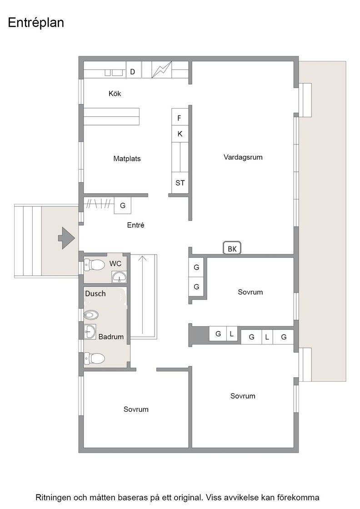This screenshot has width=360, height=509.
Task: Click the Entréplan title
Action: click(36, 23)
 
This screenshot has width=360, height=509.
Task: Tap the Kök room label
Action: click(115, 94)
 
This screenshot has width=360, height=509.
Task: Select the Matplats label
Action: click(127, 159)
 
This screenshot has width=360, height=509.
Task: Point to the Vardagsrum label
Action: click(243, 157)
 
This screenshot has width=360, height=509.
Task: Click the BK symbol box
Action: click(232, 249)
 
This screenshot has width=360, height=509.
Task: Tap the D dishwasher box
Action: click(132, 72)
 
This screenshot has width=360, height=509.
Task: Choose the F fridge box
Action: click(180, 118)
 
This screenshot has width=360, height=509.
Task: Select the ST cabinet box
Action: click(180, 183)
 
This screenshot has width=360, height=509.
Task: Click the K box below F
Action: click(180, 134)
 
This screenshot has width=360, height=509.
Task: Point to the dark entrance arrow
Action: click(66, 238)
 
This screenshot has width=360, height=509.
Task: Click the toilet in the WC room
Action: click(95, 264)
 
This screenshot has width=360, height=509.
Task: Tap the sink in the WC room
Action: click(120, 278)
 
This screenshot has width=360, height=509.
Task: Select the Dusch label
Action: click(95, 294)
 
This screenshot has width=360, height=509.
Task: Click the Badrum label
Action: click(111, 337)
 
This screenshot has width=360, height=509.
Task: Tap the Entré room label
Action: click(136, 225)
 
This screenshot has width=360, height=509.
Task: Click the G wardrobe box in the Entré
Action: click(123, 205)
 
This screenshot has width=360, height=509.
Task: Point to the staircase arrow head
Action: click(142, 258)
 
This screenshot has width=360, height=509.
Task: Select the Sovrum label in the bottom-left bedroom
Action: click(136, 409)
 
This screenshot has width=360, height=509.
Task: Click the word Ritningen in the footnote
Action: click(53, 498)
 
